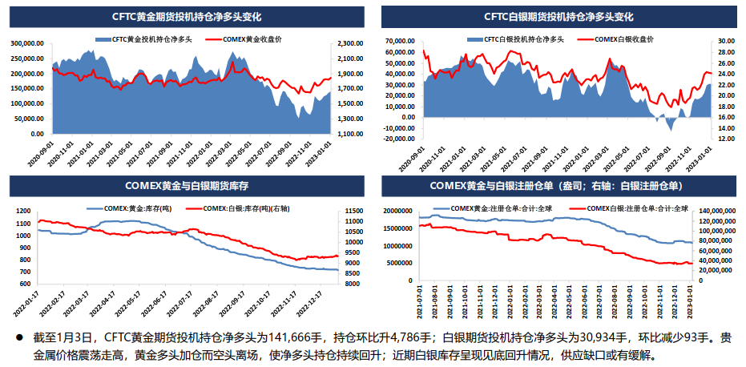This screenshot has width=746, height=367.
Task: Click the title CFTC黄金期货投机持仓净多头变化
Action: [x=186, y=16]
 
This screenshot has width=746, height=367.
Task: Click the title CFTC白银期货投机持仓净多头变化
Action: [x=558, y=16]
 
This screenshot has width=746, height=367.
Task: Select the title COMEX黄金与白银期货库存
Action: [x=186, y=186]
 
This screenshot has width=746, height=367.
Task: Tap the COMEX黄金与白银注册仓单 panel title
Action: [x=558, y=186]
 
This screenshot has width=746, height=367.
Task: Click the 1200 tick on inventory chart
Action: [x=24, y=210]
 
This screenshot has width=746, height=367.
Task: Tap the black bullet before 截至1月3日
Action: [x=18, y=337]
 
